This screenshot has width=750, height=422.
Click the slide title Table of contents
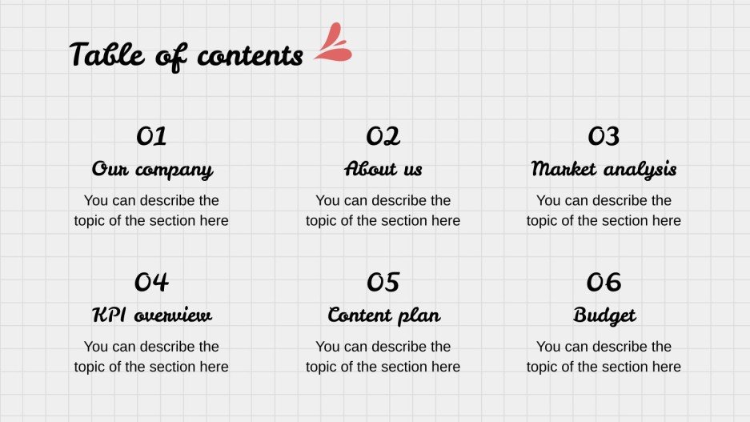coord(186,55)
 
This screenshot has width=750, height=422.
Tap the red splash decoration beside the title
coord(334,45)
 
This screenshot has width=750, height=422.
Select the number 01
coord(151,136)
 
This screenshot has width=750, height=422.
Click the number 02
coord(383,136)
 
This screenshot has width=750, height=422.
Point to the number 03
coord(604,136)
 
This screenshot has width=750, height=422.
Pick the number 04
coord(151,282)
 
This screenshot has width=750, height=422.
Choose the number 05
coord(383,282)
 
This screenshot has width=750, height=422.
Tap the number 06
coord(604,282)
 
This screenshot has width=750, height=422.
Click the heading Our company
coord(151,170)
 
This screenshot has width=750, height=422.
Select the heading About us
coord(383,170)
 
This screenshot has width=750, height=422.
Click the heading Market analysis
coord(604,170)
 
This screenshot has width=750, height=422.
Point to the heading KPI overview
coord(151,315)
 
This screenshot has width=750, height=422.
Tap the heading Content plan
coord(383,315)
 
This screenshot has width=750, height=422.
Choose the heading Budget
coord(604,315)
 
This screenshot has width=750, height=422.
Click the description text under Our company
coord(151,211)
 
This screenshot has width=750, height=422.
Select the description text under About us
coord(383,211)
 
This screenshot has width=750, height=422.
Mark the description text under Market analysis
coord(604,211)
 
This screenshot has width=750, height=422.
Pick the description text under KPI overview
coord(151,356)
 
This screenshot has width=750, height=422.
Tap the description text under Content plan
coord(383,356)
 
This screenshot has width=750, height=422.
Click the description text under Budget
coord(604,356)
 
